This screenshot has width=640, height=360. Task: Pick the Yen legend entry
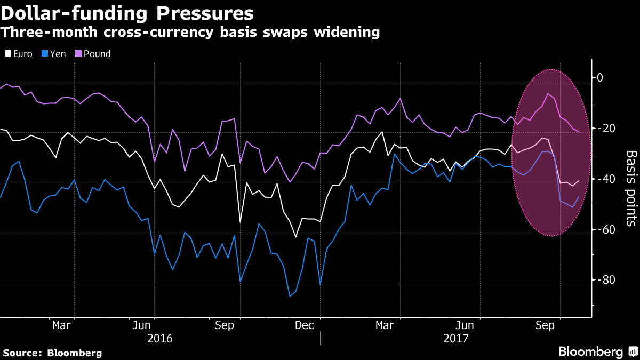point(54,54)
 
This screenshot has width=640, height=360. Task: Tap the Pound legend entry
point(93,54)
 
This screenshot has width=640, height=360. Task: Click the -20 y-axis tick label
point(605,129)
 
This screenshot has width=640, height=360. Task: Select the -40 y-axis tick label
point(605,179)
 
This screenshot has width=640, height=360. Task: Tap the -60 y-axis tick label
point(605,230)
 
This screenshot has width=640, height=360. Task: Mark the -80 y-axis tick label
point(605,281)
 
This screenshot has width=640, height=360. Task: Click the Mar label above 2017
point(385,325)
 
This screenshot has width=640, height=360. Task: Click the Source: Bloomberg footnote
point(52,353)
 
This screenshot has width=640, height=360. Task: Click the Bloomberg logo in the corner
point(597,351)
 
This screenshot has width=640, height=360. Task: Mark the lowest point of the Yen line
point(290,296)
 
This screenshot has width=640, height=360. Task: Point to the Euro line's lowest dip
point(295,237)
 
